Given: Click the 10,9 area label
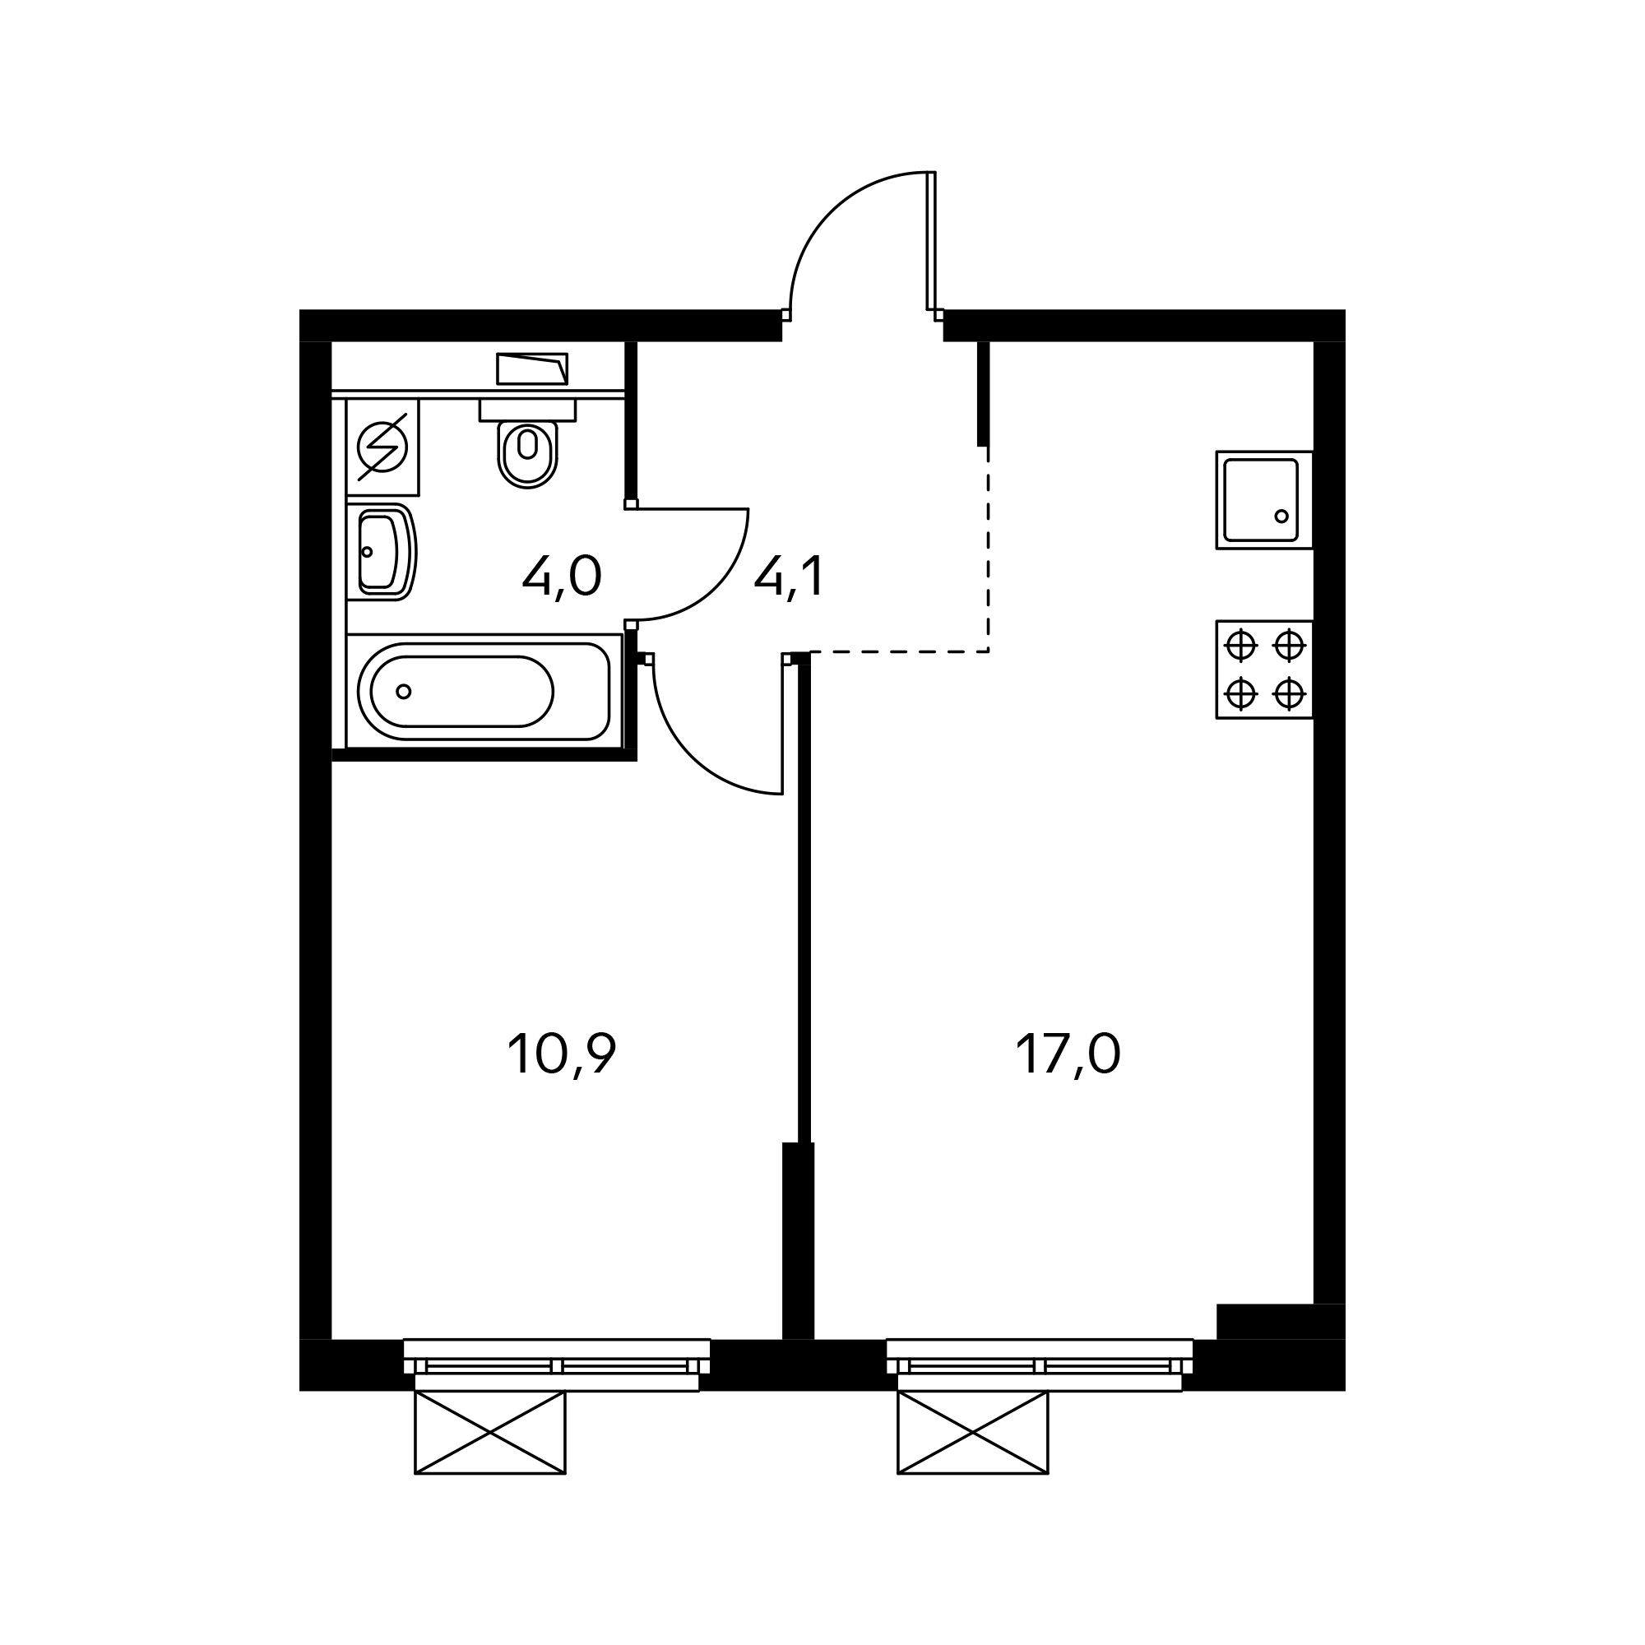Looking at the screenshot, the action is click(561, 1055).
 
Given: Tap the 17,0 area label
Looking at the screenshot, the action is click(1068, 1055).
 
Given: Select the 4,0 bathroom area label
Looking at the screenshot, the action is click(562, 577).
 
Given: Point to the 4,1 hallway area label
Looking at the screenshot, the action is click(789, 577).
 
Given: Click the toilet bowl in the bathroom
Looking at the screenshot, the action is click(527, 455).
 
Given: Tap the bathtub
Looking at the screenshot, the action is click(484, 691).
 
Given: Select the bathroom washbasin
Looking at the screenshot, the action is click(382, 552).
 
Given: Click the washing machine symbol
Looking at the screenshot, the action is click(382, 447).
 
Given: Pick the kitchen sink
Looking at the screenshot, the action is click(1263, 500).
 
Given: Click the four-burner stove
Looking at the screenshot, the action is click(1264, 670).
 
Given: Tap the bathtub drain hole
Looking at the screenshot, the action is click(405, 692).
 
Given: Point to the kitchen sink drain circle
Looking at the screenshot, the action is click(1281, 516).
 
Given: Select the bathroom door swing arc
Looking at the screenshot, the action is click(716, 587).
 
